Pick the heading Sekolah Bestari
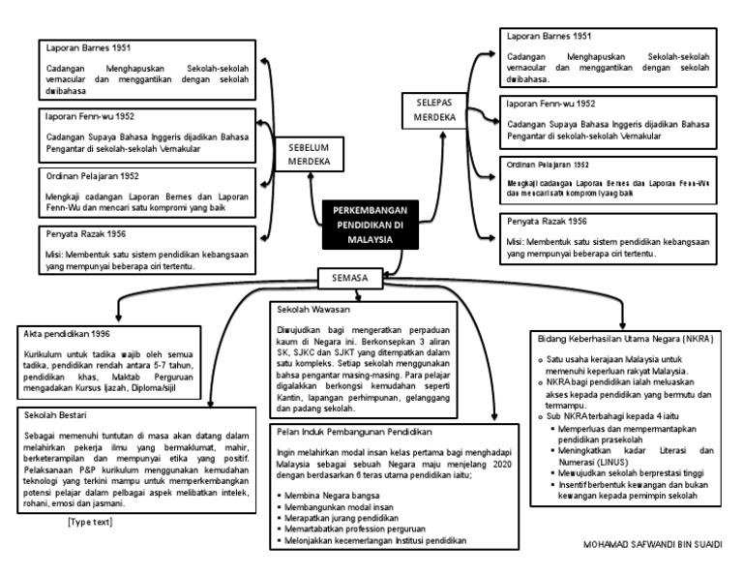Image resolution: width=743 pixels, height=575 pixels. click(53, 414)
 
